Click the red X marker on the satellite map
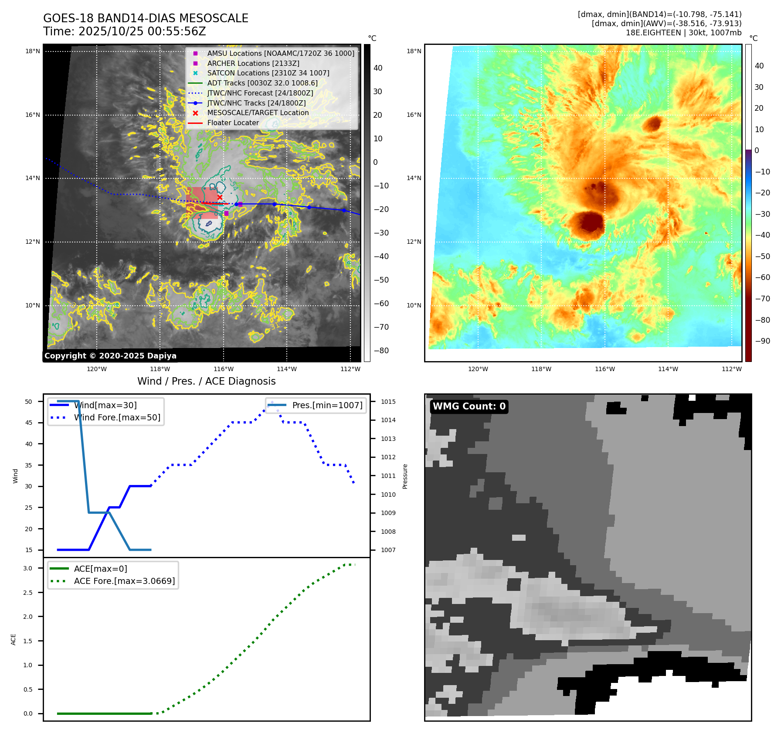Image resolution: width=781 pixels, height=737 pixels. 220,197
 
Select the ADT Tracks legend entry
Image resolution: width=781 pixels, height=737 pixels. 262,83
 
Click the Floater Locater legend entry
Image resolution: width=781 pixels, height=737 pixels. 233,123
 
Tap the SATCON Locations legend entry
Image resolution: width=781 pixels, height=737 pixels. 268,73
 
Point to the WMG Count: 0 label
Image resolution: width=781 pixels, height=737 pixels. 469,406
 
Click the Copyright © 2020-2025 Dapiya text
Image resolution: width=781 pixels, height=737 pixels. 110,356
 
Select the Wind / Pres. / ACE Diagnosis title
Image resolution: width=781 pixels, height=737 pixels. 206,381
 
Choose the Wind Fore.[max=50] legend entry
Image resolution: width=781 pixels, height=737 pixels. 117,417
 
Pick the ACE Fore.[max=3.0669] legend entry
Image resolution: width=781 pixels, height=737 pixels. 124,581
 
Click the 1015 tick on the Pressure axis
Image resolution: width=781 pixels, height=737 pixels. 388,402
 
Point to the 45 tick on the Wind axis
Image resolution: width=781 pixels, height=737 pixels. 29,423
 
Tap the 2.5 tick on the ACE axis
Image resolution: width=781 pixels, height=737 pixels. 27,593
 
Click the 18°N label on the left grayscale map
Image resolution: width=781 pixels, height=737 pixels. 33,51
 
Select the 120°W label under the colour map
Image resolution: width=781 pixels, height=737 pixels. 478,369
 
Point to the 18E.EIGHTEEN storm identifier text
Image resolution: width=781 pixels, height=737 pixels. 653,33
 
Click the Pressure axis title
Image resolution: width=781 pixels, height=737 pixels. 405,476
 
